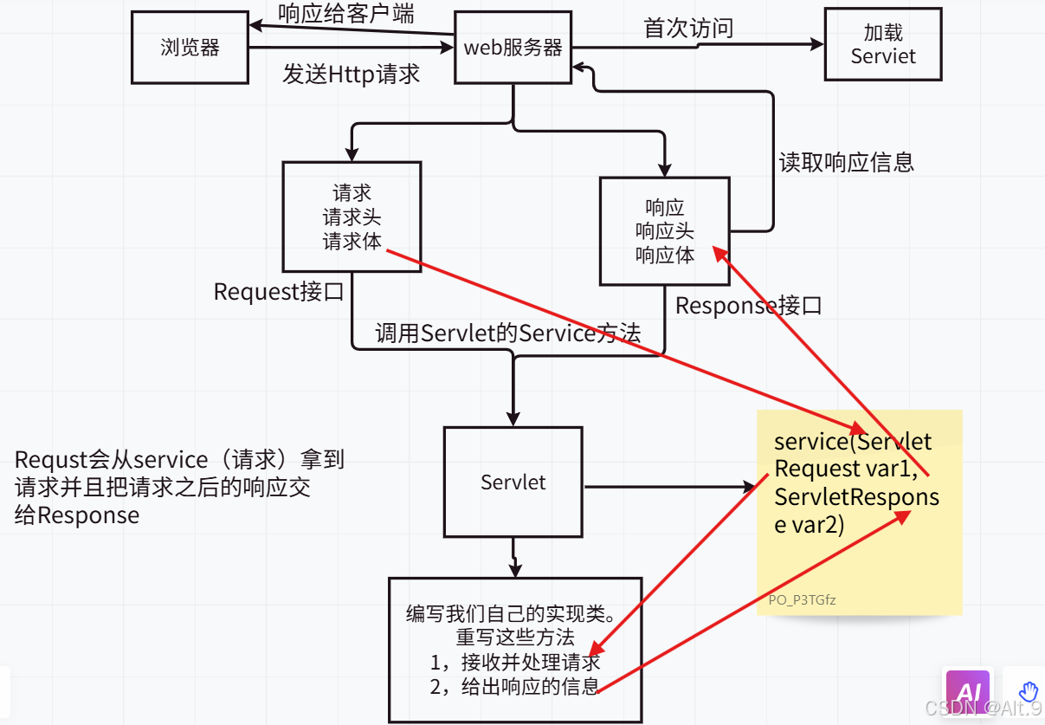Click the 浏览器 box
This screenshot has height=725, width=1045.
point(190,47)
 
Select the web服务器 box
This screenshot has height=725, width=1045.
point(513,47)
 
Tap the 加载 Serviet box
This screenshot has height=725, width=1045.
point(883,44)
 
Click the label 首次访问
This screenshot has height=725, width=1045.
point(688,29)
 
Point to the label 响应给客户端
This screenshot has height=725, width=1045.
point(345,14)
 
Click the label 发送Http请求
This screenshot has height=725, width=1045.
point(351,74)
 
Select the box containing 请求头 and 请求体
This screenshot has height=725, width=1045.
point(352,217)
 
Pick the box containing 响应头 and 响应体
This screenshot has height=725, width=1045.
point(665,231)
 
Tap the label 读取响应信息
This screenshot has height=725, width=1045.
point(846,163)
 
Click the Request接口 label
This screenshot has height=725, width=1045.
point(279,292)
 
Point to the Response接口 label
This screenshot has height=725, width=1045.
point(748,306)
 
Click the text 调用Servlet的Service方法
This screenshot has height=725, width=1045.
point(507,333)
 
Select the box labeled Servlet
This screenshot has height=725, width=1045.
point(513,482)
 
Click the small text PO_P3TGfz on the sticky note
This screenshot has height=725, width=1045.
point(802,599)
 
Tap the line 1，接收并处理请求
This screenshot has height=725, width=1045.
point(515,663)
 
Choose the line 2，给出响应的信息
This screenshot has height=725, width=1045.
point(514,688)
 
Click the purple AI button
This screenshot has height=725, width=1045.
point(967,691)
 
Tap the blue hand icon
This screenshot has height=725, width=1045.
point(1028,691)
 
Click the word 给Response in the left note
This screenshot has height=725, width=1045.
point(77,515)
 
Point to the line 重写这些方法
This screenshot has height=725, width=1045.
point(515,638)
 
